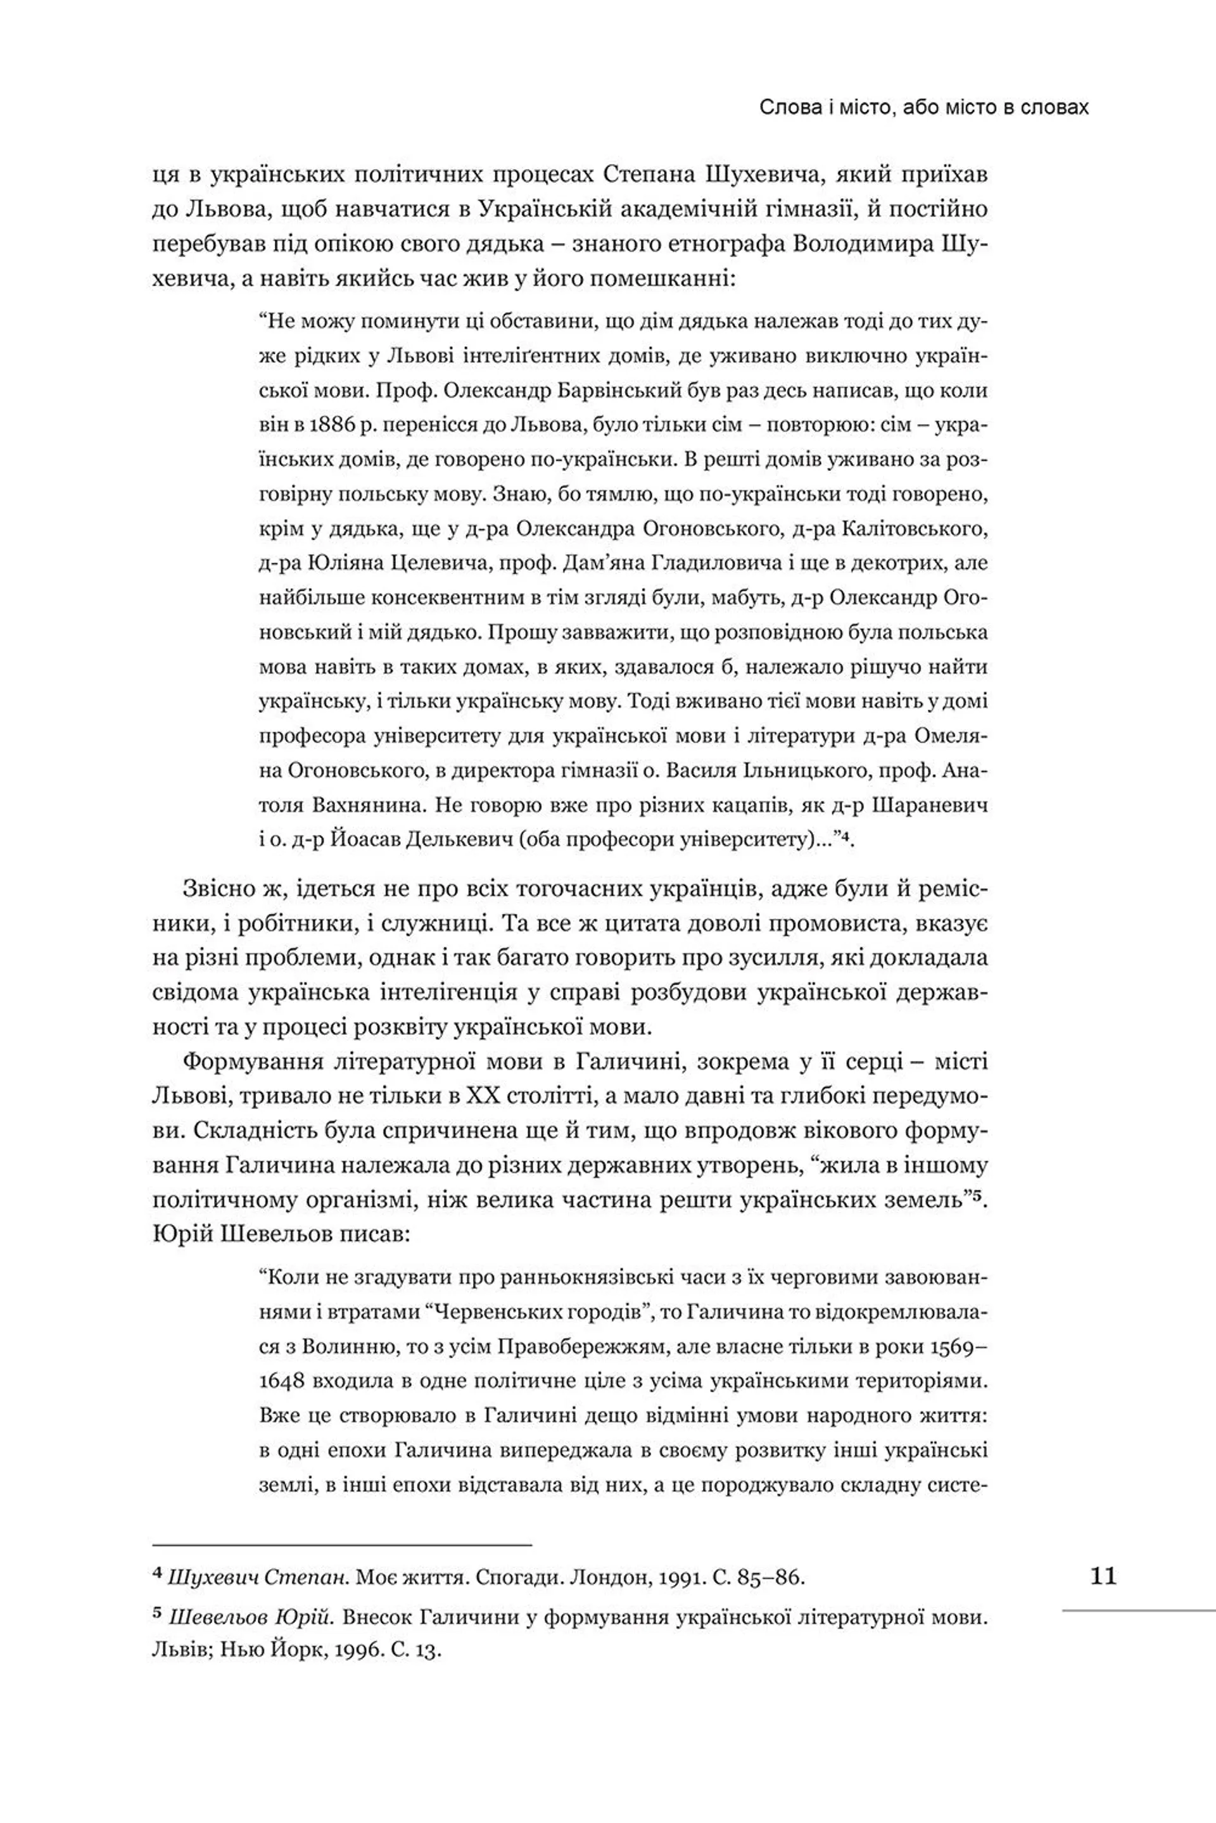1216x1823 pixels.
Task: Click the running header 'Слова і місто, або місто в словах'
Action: (x=923, y=108)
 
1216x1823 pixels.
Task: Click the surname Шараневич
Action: (x=930, y=805)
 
